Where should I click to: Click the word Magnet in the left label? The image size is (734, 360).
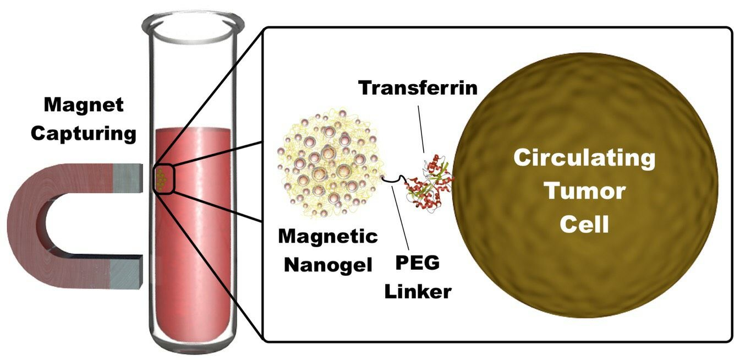point(84,106)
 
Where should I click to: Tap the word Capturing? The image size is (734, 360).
point(84,134)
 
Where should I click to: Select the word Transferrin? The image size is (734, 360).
point(418,88)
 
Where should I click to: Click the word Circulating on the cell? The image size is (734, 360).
point(584,159)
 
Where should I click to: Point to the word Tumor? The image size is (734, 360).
point(584,191)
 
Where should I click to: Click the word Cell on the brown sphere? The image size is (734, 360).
point(584,224)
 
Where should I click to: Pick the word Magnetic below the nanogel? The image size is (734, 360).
point(328,237)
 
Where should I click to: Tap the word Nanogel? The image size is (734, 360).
point(328,266)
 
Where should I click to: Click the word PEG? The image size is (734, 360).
point(418,263)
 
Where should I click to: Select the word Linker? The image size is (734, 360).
point(418,291)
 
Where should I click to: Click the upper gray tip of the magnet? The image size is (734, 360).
point(128,178)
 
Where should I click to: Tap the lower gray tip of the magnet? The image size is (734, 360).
point(128,273)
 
